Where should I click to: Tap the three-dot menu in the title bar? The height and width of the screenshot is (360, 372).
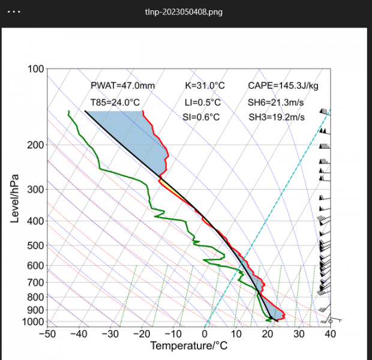(13, 11)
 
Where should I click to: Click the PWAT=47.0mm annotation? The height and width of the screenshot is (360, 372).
(122, 86)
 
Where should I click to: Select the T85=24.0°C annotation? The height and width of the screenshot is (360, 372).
(115, 103)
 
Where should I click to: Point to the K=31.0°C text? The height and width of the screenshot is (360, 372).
(205, 86)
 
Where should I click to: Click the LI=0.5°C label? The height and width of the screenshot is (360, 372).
(202, 103)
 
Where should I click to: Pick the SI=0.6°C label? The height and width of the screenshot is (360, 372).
(201, 117)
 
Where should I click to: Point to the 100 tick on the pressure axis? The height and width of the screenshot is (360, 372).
(35, 69)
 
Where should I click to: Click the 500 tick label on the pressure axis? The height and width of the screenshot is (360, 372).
(35, 245)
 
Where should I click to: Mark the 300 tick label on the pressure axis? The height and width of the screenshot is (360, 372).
(35, 190)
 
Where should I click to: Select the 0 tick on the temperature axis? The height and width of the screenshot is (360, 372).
(205, 334)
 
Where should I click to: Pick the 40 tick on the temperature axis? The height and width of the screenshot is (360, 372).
(330, 334)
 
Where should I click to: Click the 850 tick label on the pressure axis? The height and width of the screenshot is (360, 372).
(35, 304)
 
